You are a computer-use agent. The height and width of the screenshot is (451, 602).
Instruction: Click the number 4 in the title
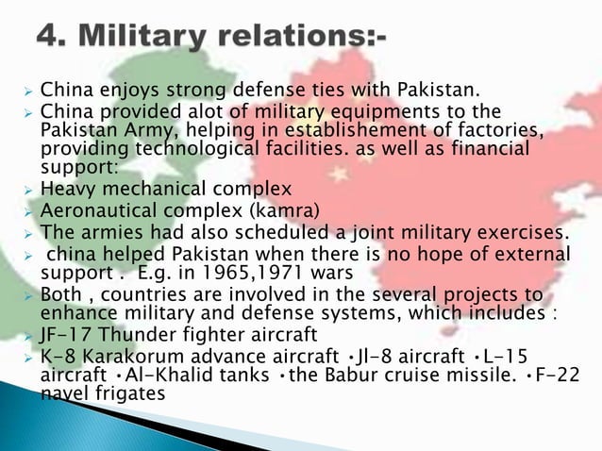tap(50, 39)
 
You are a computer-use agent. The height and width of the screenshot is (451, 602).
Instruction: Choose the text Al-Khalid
tap(142, 376)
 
